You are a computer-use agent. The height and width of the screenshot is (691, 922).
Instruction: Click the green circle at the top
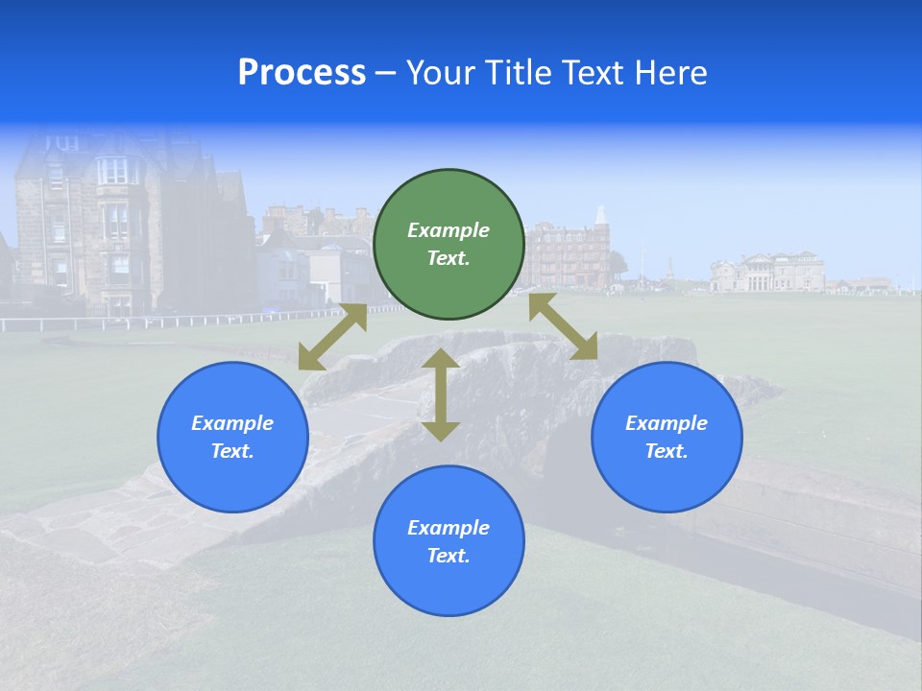click(x=449, y=244)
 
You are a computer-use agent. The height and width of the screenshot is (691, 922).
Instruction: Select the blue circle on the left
click(x=232, y=437)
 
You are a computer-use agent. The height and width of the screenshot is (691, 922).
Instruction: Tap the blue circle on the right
click(x=667, y=437)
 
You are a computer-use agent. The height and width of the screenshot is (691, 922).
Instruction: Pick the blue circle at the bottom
click(x=449, y=541)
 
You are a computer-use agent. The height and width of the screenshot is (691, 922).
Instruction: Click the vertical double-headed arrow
click(x=441, y=394)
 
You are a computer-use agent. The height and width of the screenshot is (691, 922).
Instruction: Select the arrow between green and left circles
click(x=332, y=337)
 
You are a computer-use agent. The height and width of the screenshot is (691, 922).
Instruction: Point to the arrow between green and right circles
click(x=563, y=326)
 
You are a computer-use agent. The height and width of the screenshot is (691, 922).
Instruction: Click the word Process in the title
click(x=302, y=73)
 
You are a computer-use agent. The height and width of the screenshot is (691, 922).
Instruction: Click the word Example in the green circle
click(x=449, y=230)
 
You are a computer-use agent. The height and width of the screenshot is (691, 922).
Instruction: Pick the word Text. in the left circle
click(x=232, y=451)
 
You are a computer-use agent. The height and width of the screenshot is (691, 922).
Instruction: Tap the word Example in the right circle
click(x=667, y=423)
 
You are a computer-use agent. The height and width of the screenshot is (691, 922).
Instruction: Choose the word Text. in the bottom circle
click(x=449, y=556)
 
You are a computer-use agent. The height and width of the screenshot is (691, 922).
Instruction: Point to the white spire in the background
click(x=601, y=216)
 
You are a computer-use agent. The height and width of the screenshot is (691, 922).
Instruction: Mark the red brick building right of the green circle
click(x=567, y=257)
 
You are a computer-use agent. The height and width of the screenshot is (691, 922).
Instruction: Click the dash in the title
click(x=385, y=73)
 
